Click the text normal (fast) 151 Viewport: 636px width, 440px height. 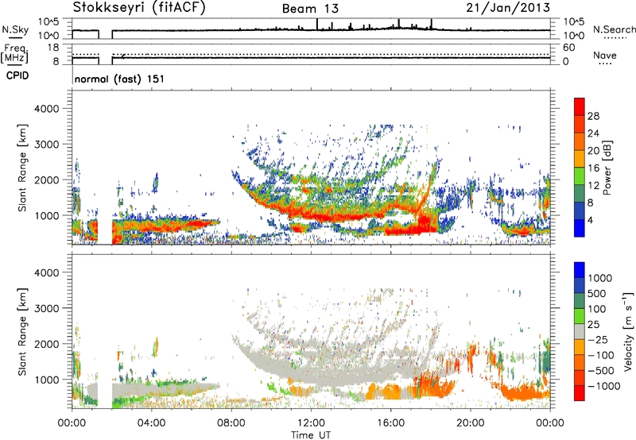tap(114, 79)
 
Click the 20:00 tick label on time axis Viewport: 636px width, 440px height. tap(471, 422)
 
